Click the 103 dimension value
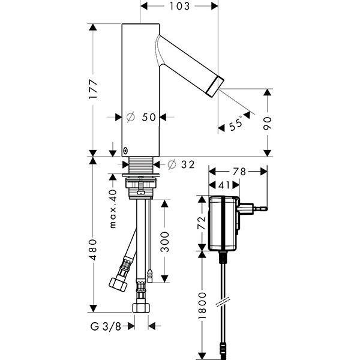coord(179,7)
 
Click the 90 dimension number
coord(268,123)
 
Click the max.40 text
coord(112,210)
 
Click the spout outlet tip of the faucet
coord(215,85)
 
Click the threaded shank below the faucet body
coord(142,164)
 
